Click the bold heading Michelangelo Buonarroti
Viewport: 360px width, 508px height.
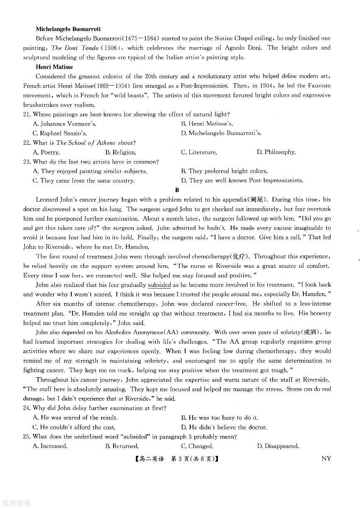(68, 29)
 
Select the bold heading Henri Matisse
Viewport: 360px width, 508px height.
(54, 67)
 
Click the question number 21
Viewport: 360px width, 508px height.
(27, 114)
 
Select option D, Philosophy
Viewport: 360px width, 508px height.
(276, 152)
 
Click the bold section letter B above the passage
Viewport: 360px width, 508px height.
(177, 190)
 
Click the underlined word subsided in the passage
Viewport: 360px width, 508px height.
(159, 285)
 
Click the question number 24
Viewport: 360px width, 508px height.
(27, 408)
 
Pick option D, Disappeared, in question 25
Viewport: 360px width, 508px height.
(278, 446)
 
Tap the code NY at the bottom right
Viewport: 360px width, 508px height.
(326, 459)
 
